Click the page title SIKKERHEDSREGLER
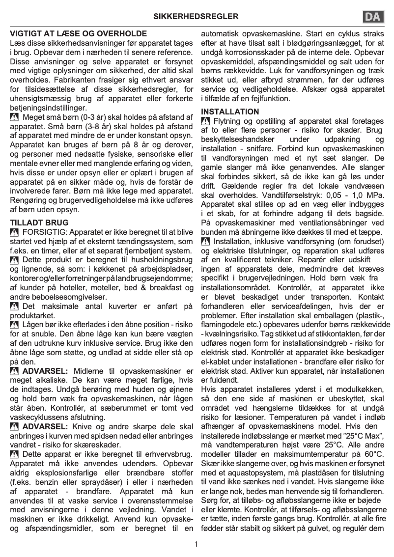click(x=197, y=17)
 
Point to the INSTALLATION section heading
click(x=230, y=111)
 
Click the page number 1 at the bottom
click(x=197, y=544)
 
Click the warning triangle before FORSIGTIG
click(x=14, y=231)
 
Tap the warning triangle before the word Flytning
click(x=206, y=121)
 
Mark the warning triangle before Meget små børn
click(x=14, y=117)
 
